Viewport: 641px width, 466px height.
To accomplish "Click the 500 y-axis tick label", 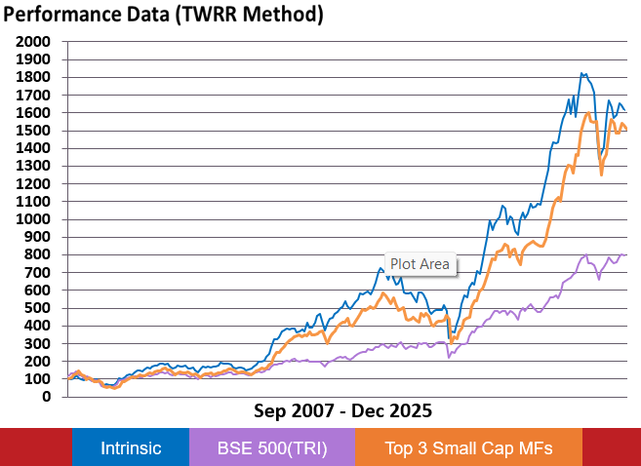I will (38, 308).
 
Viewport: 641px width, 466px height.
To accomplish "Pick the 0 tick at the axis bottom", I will (46, 397).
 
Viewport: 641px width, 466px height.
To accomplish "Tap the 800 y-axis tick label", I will (38, 254).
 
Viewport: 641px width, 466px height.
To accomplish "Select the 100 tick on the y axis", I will (38, 379).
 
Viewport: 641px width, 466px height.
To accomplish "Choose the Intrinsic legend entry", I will (131, 448).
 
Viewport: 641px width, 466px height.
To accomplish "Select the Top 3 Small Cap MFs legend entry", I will (469, 448).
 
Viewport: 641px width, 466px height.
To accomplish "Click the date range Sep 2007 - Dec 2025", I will (342, 410).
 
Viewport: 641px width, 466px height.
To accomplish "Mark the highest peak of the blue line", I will (582, 73).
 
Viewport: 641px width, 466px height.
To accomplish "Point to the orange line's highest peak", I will (587, 113).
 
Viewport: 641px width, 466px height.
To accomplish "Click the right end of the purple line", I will (625, 254).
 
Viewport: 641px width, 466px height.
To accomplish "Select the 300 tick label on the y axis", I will (38, 343).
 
